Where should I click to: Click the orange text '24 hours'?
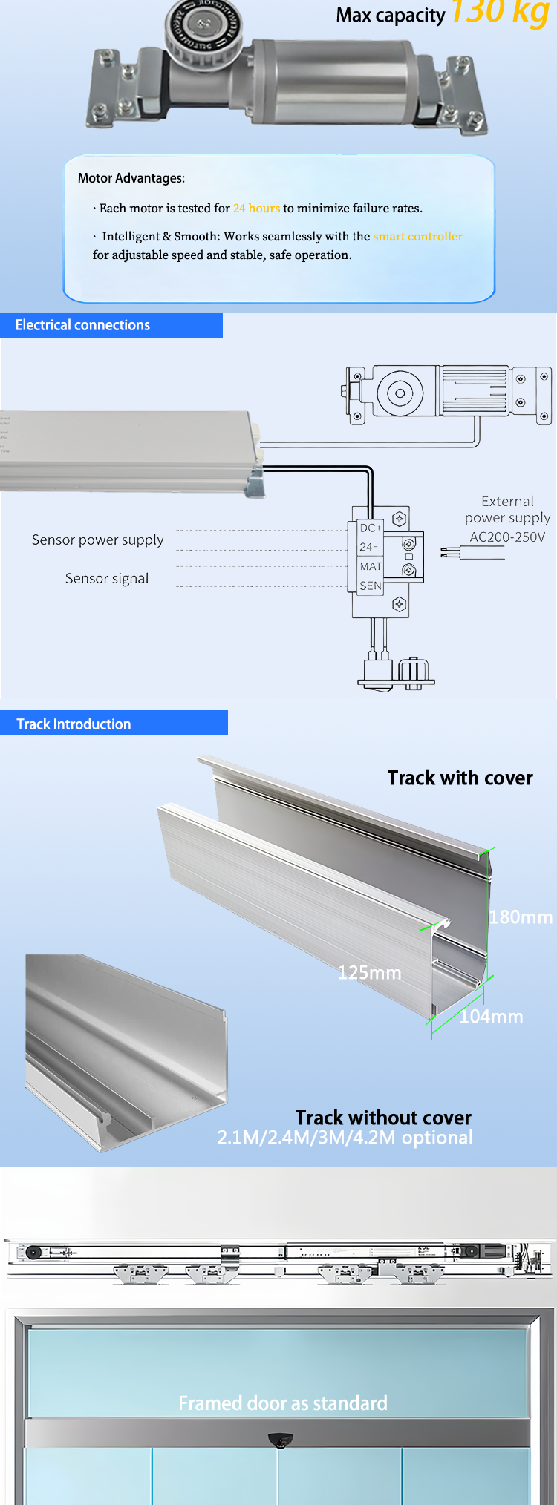click(256, 209)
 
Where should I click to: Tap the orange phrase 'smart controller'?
click(417, 237)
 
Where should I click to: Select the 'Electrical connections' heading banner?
click(82, 325)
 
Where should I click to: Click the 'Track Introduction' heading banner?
click(74, 724)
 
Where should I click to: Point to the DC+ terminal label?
click(370, 528)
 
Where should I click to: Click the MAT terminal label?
click(370, 566)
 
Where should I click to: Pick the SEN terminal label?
click(370, 586)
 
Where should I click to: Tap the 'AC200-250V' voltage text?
click(507, 537)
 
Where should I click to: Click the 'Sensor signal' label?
click(107, 579)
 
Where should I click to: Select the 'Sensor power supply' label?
click(97, 540)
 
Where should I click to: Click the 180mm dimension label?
click(521, 917)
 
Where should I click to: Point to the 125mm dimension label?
click(369, 973)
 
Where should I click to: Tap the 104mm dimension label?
click(491, 1017)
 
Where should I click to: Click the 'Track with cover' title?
click(460, 778)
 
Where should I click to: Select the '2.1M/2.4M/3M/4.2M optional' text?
click(345, 1138)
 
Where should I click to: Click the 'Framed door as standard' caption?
click(283, 1403)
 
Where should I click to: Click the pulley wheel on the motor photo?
click(203, 28)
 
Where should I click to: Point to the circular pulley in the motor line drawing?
click(400, 393)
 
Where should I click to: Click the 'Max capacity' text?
click(390, 16)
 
